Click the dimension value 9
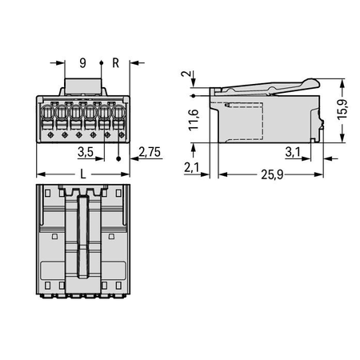(83, 63)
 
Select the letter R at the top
(115, 63)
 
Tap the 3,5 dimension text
(86, 152)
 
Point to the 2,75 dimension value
(150, 152)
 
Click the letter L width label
(83, 174)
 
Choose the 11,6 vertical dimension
(194, 120)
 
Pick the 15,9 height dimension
(342, 110)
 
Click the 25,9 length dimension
(272, 174)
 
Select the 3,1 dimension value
(293, 152)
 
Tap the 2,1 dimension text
(191, 168)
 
